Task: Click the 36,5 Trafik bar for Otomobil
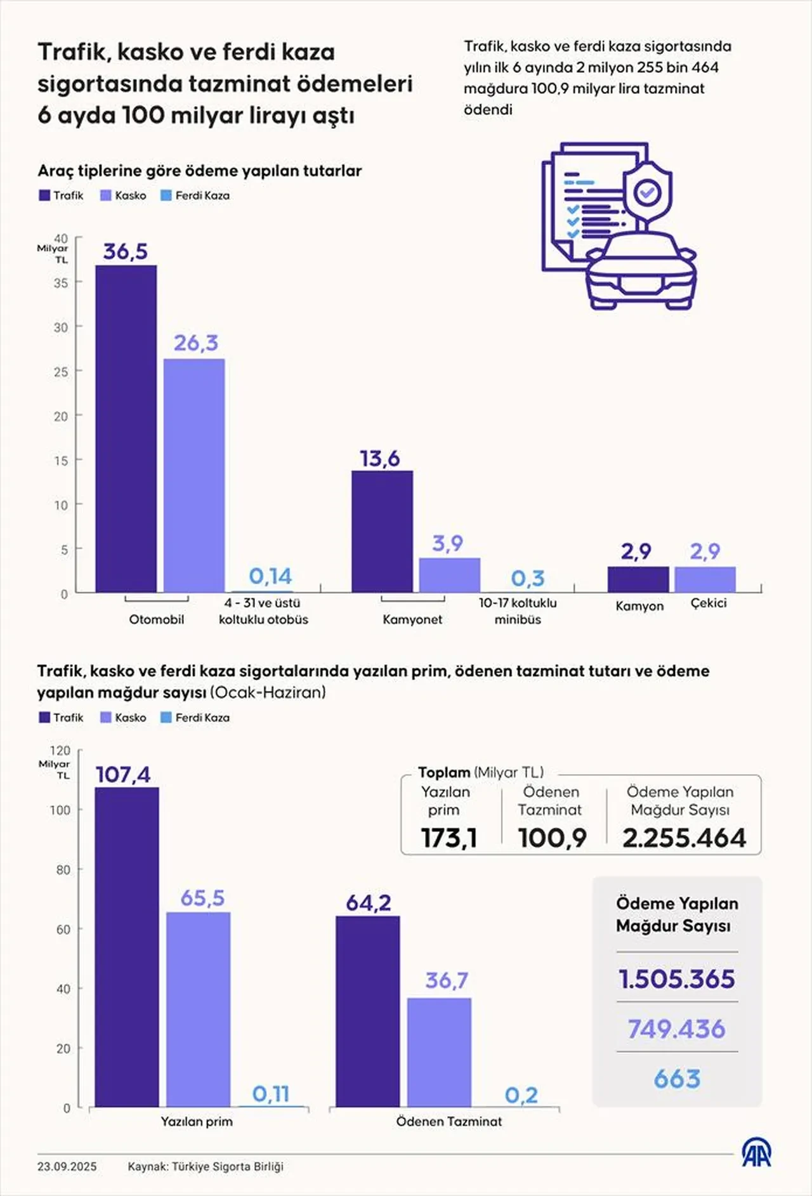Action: tap(126, 429)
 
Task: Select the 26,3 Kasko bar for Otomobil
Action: tap(194, 476)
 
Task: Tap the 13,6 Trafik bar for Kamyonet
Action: tap(382, 532)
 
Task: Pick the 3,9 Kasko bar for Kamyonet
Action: tap(449, 575)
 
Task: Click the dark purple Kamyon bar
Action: tap(638, 579)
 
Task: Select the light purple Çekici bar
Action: tap(705, 579)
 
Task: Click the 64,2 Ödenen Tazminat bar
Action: tap(368, 1011)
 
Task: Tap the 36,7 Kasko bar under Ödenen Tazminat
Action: tap(439, 1053)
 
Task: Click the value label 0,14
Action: tap(270, 576)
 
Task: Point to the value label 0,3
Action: tap(528, 578)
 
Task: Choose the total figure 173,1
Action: tap(449, 838)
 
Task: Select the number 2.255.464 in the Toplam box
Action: tap(684, 838)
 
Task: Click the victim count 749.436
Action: tap(676, 1028)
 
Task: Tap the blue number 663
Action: tap(677, 1079)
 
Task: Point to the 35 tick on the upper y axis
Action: tap(61, 283)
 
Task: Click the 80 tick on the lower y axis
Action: tap(63, 870)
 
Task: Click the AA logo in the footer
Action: tap(756, 1152)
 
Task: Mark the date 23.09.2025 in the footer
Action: tap(67, 1166)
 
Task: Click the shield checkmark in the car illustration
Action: tap(647, 191)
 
